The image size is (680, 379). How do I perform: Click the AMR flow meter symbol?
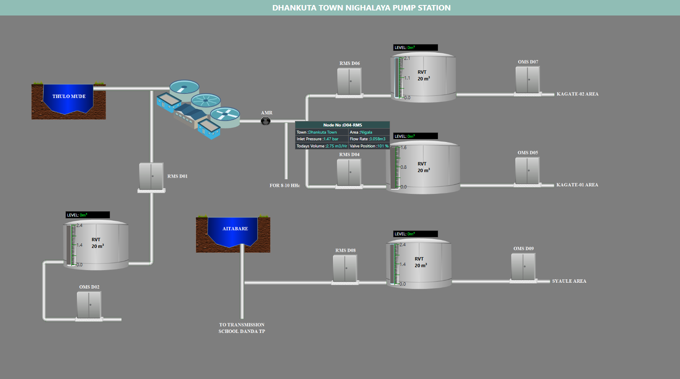(266, 121)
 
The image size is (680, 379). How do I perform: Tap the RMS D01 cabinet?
(151, 177)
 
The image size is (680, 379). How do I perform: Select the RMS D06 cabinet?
(349, 81)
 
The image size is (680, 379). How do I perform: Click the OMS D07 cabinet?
(527, 80)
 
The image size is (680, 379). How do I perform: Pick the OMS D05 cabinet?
(527, 170)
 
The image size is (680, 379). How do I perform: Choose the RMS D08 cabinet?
(345, 268)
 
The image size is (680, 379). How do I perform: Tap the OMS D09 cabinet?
(523, 267)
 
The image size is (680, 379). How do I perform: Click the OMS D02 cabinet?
(89, 305)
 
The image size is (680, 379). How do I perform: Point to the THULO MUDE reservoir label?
(69, 96)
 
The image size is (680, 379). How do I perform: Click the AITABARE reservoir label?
(235, 229)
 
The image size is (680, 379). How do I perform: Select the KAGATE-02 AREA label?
(577, 94)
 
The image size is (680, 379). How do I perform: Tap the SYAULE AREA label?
(569, 281)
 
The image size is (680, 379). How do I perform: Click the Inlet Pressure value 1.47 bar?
(331, 139)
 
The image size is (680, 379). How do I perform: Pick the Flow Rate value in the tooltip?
(377, 139)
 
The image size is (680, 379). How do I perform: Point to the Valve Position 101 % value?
(383, 146)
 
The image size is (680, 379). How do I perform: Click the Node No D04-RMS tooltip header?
(342, 125)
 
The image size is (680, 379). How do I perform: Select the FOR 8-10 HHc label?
(284, 186)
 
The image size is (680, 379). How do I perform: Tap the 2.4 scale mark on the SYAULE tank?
(402, 245)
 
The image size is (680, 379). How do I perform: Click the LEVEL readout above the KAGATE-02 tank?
(415, 48)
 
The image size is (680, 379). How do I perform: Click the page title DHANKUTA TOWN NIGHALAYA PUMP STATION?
(361, 8)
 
